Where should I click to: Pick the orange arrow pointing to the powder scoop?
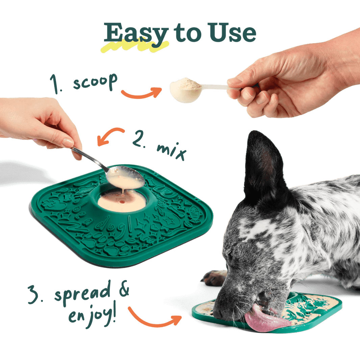click(x=142, y=93)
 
